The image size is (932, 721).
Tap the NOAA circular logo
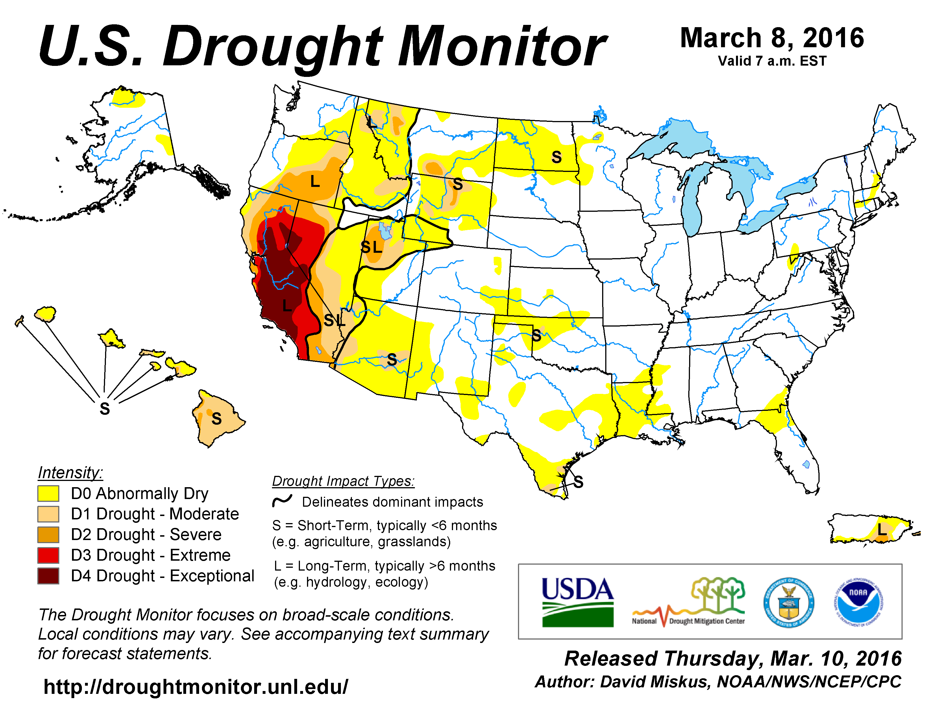[x=858, y=602]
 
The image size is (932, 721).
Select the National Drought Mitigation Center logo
[x=688, y=602]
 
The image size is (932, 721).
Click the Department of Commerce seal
[x=789, y=602]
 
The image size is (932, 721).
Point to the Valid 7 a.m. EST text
[x=772, y=61]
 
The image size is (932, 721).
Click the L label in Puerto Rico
[x=882, y=530]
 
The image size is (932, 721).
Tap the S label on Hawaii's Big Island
[x=217, y=418]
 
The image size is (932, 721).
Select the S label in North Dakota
[x=556, y=157]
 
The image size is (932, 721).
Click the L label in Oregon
[x=315, y=182]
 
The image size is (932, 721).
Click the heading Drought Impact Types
[x=343, y=481]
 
